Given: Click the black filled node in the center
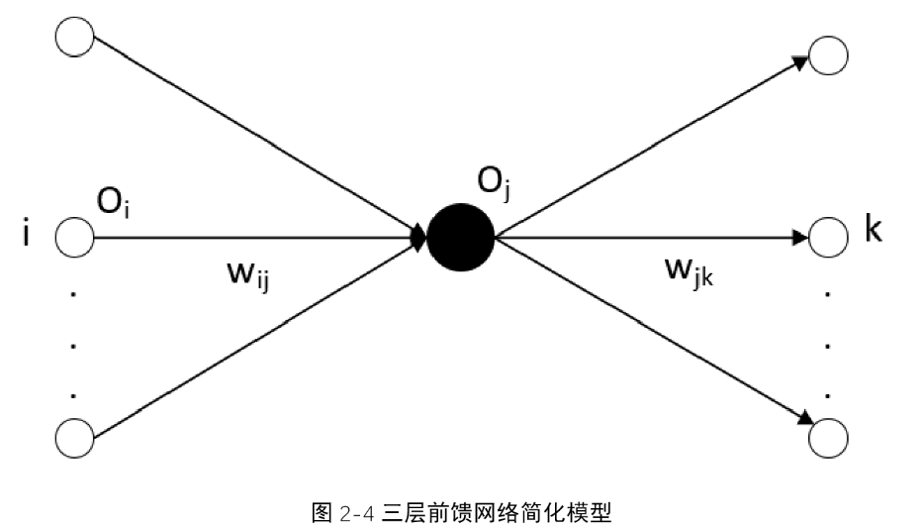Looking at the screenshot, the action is [x=460, y=237].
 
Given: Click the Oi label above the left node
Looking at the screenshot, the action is [x=114, y=203].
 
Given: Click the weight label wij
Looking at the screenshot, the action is [x=248, y=275].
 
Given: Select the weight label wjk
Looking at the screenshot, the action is [x=689, y=271].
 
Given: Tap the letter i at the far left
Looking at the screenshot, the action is [x=26, y=232].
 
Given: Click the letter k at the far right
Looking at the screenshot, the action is [x=874, y=229].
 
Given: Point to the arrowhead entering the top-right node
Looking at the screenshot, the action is [x=800, y=62].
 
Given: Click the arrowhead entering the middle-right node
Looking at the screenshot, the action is [x=801, y=238].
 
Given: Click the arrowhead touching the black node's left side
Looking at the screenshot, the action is [x=418, y=238].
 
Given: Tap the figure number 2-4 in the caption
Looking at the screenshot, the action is [x=357, y=513].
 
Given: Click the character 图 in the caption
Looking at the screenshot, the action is [x=323, y=512].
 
